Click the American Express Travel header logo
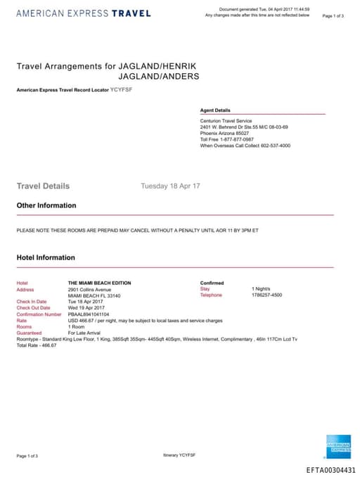(83, 13)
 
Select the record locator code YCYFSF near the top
(121, 91)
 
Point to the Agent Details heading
(215, 110)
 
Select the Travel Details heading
(43, 186)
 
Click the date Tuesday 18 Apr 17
(170, 186)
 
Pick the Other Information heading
(46, 205)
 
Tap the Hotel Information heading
(46, 258)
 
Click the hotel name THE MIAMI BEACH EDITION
(99, 283)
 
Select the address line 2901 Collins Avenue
(89, 289)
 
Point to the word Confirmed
(212, 283)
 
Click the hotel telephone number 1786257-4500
(266, 295)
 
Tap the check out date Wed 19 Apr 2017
(86, 308)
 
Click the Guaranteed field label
(29, 333)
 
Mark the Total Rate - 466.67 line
(37, 345)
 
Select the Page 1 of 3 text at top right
(333, 15)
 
